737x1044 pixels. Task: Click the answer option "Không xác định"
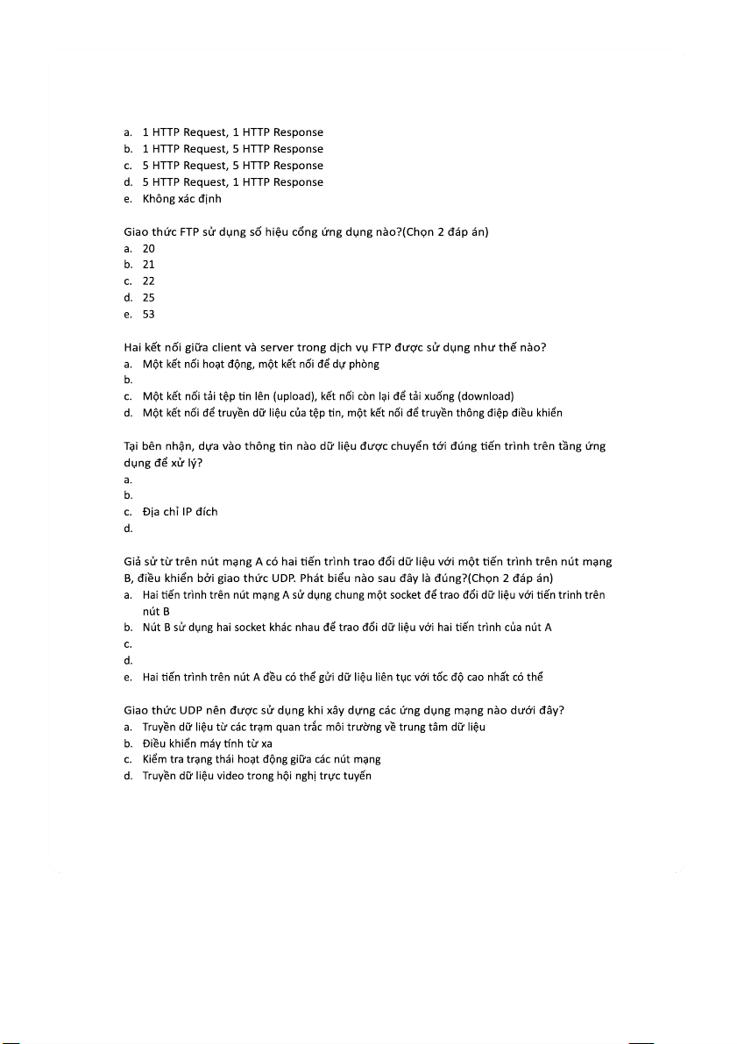click(181, 199)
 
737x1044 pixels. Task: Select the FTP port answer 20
click(148, 248)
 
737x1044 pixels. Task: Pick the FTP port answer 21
click(148, 265)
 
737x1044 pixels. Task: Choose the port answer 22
click(148, 281)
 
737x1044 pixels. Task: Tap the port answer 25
click(148, 298)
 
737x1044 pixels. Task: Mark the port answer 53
click(148, 315)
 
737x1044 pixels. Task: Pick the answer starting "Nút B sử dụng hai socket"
click(346, 627)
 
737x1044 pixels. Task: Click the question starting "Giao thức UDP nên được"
click(343, 710)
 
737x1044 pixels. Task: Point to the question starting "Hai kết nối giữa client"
click(335, 347)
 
